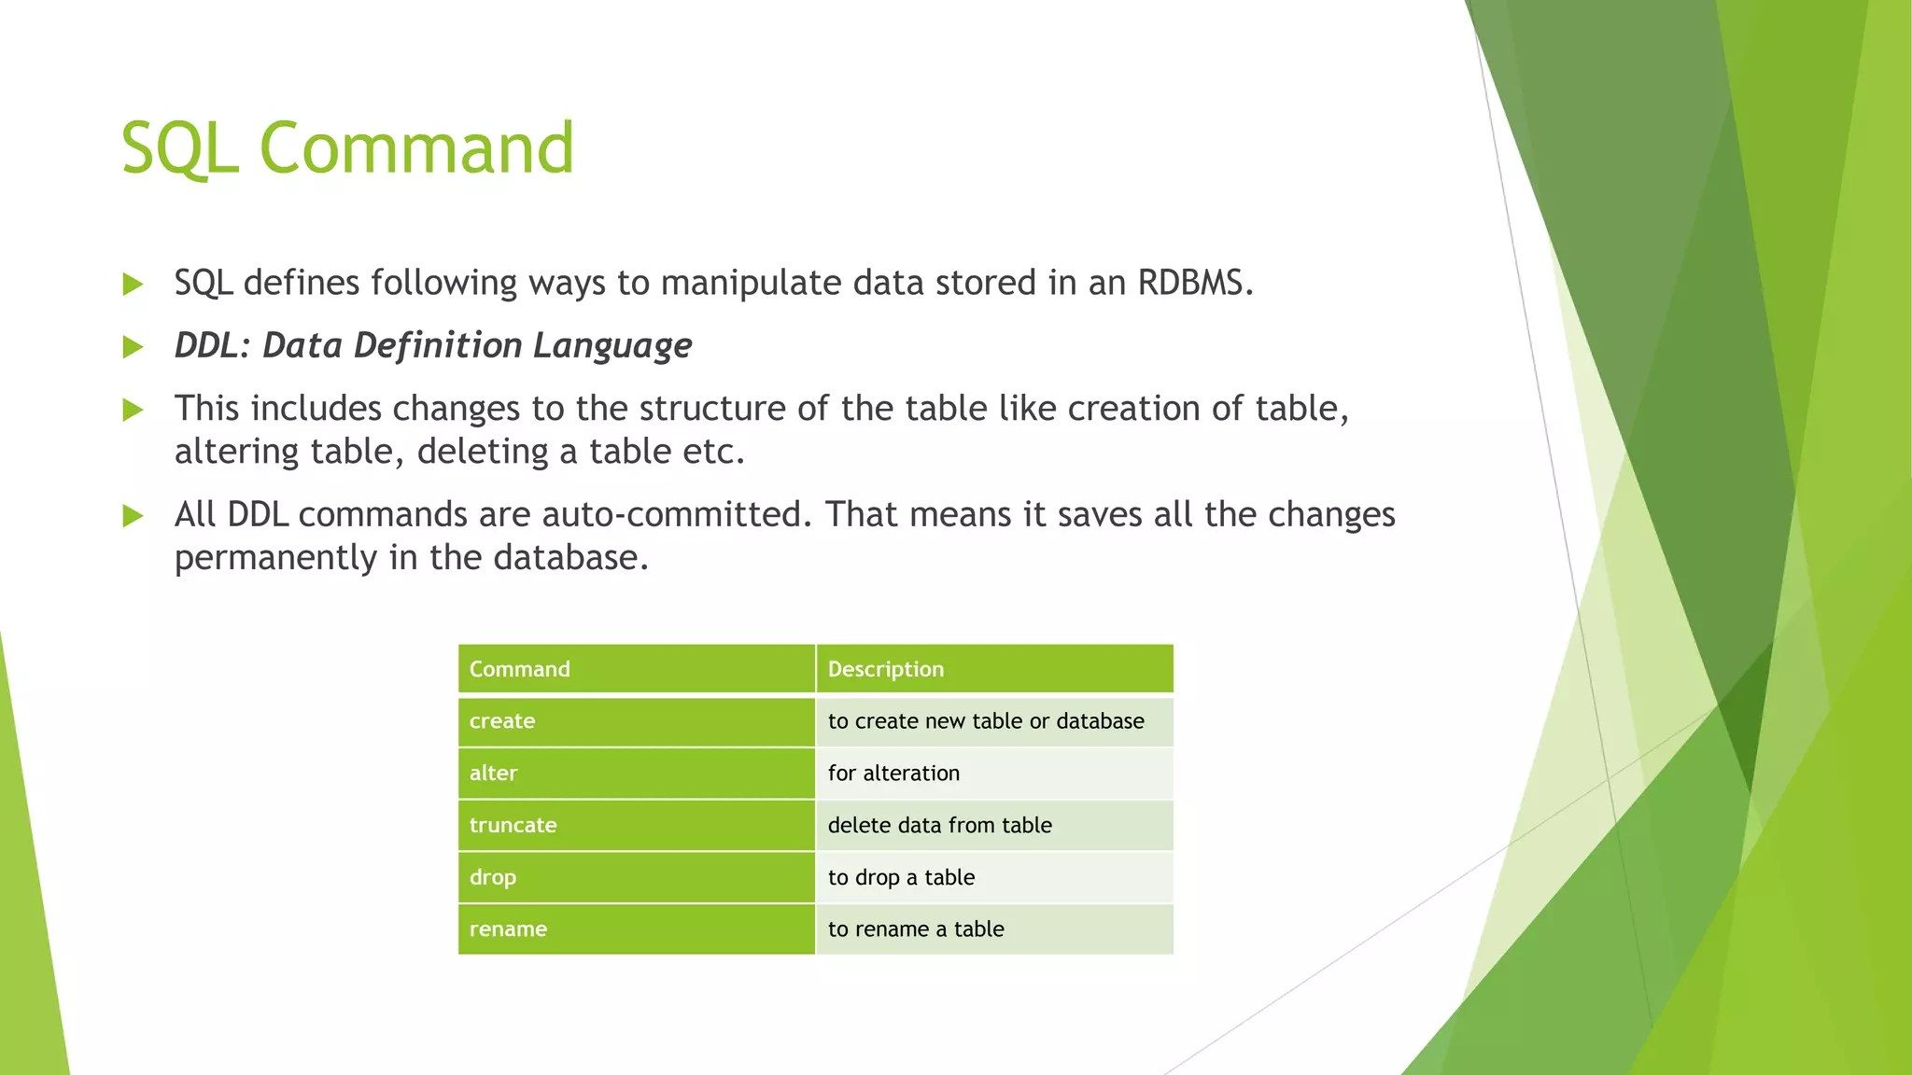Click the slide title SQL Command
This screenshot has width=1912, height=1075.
[347, 148]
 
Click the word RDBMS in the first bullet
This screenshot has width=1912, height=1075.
[1195, 282]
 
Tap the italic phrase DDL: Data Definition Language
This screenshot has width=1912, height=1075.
[433, 346]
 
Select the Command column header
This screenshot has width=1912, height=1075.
[637, 669]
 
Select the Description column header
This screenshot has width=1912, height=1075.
[994, 669]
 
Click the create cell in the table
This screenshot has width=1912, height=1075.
[637, 721]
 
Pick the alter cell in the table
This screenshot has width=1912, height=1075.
[637, 774]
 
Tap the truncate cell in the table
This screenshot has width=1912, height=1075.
[637, 826]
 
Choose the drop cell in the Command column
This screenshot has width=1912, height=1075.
[637, 877]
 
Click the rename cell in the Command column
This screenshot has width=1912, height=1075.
[637, 929]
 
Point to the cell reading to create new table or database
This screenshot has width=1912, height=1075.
[994, 721]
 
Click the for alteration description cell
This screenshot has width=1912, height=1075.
[994, 774]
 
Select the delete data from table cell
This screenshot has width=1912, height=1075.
[994, 826]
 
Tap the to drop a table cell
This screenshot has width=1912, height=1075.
[994, 877]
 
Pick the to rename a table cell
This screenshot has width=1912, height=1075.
[994, 929]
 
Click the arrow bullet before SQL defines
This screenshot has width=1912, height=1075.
[133, 284]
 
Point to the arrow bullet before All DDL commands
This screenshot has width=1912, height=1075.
[133, 516]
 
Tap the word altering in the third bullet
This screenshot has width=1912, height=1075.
[237, 453]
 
